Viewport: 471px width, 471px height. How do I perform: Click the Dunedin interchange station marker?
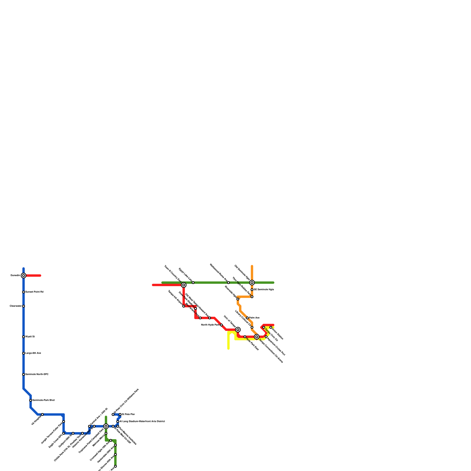click(24, 276)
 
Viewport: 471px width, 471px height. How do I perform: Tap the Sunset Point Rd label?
click(34, 292)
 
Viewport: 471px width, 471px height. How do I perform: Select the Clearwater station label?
click(16, 306)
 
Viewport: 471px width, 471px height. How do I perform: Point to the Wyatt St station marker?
click(24, 337)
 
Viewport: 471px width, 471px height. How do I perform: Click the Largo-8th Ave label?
click(33, 353)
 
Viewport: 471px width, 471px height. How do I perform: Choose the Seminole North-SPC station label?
click(37, 374)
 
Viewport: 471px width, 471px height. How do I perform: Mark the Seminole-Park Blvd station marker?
click(31, 400)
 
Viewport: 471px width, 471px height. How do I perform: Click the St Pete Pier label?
click(128, 414)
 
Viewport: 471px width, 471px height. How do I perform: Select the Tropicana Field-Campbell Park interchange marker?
click(106, 426)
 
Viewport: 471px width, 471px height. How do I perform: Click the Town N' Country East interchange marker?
click(184, 285)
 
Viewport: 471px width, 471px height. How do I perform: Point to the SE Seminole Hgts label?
click(264, 290)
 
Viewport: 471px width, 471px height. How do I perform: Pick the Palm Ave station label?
click(254, 318)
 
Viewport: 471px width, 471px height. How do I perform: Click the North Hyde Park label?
click(210, 325)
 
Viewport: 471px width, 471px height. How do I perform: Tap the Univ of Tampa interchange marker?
click(238, 330)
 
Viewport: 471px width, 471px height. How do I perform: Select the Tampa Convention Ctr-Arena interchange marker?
click(257, 337)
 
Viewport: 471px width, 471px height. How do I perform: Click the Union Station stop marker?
click(271, 327)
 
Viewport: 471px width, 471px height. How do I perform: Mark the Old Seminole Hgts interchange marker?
click(252, 283)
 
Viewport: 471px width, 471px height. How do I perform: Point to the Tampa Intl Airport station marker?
click(184, 306)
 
